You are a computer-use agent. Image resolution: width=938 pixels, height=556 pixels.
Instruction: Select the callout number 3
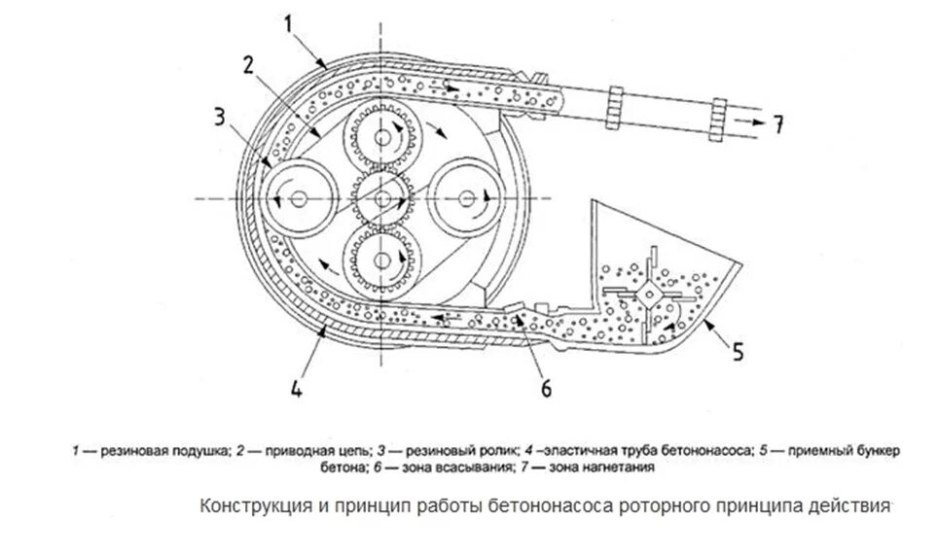[x=221, y=119]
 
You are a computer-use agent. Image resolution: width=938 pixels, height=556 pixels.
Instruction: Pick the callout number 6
[x=545, y=388]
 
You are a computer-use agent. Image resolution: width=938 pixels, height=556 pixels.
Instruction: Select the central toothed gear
[x=383, y=199]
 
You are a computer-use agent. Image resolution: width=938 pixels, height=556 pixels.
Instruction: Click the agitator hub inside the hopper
[x=646, y=291]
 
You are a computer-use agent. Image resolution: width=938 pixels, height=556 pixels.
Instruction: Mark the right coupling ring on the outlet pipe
[x=720, y=118]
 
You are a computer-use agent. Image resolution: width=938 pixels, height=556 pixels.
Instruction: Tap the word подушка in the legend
[x=199, y=451]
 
